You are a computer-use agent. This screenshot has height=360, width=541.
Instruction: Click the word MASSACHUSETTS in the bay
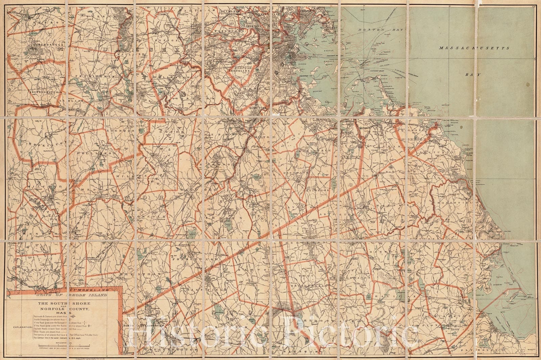pyautogui.click(x=474, y=48)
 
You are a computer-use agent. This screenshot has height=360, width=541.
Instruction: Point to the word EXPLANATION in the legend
pyautogui.click(x=22, y=327)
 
